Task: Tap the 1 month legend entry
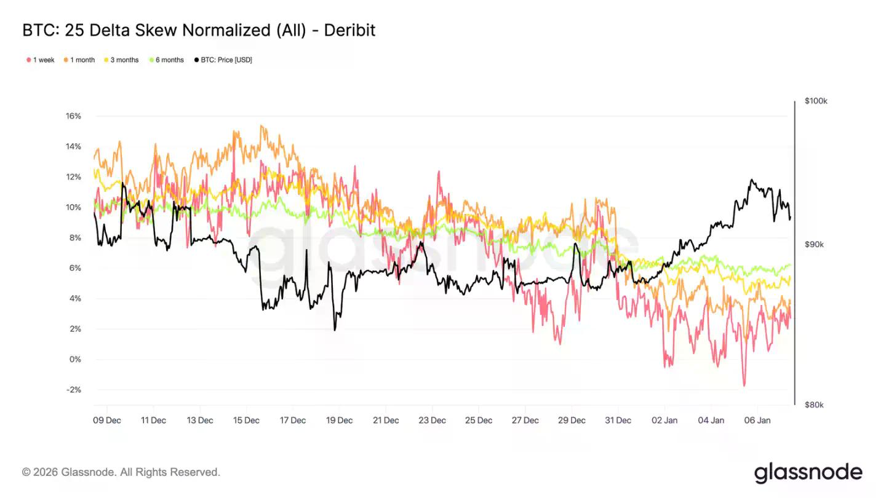(82, 60)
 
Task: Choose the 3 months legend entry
(124, 60)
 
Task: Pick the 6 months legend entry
(169, 60)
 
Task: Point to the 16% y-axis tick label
(73, 116)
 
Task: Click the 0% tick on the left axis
(74, 360)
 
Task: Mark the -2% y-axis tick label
(73, 390)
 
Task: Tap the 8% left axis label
(74, 238)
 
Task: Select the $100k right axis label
(816, 101)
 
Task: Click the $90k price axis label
(814, 245)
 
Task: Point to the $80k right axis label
(814, 405)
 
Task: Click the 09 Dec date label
(107, 421)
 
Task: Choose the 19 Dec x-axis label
(339, 421)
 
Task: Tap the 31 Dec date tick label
(618, 421)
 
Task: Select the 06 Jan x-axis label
(757, 421)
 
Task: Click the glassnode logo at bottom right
(808, 472)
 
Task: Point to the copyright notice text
(121, 472)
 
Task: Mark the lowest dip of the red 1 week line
(744, 386)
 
